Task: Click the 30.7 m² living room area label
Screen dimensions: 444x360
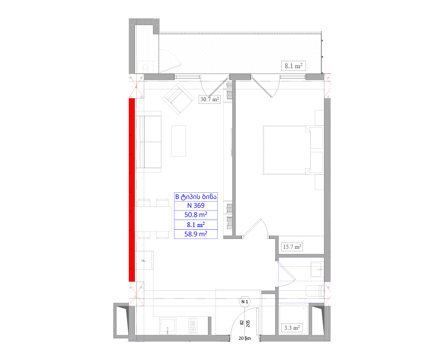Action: pyautogui.click(x=210, y=99)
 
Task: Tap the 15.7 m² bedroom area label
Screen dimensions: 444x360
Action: pyautogui.click(x=292, y=246)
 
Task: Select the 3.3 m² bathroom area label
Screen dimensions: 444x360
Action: pyautogui.click(x=292, y=328)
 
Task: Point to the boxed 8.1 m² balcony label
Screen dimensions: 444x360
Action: pyautogui.click(x=293, y=66)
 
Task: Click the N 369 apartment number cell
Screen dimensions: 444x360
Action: pyautogui.click(x=196, y=206)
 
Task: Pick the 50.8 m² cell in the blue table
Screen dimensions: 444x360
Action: pyautogui.click(x=196, y=215)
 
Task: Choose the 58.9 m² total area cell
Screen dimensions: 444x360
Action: pyautogui.click(x=196, y=234)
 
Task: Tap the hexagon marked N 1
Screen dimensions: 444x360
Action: pyautogui.click(x=245, y=302)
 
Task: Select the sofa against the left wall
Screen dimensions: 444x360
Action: pyautogui.click(x=149, y=142)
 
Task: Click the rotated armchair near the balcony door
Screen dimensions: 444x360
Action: pyautogui.click(x=178, y=99)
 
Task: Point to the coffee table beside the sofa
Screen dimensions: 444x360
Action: pyautogui.click(x=178, y=141)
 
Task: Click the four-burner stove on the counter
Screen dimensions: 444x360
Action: pyautogui.click(x=193, y=326)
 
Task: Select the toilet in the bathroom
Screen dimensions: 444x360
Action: pyautogui.click(x=315, y=291)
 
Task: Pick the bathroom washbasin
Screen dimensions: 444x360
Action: pyautogui.click(x=317, y=270)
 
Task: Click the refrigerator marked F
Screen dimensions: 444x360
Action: pyautogui.click(x=145, y=260)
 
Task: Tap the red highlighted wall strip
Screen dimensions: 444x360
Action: pyautogui.click(x=132, y=190)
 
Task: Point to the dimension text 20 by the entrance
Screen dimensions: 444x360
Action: pyautogui.click(x=241, y=338)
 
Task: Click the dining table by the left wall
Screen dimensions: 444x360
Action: pyautogui.click(x=153, y=219)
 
